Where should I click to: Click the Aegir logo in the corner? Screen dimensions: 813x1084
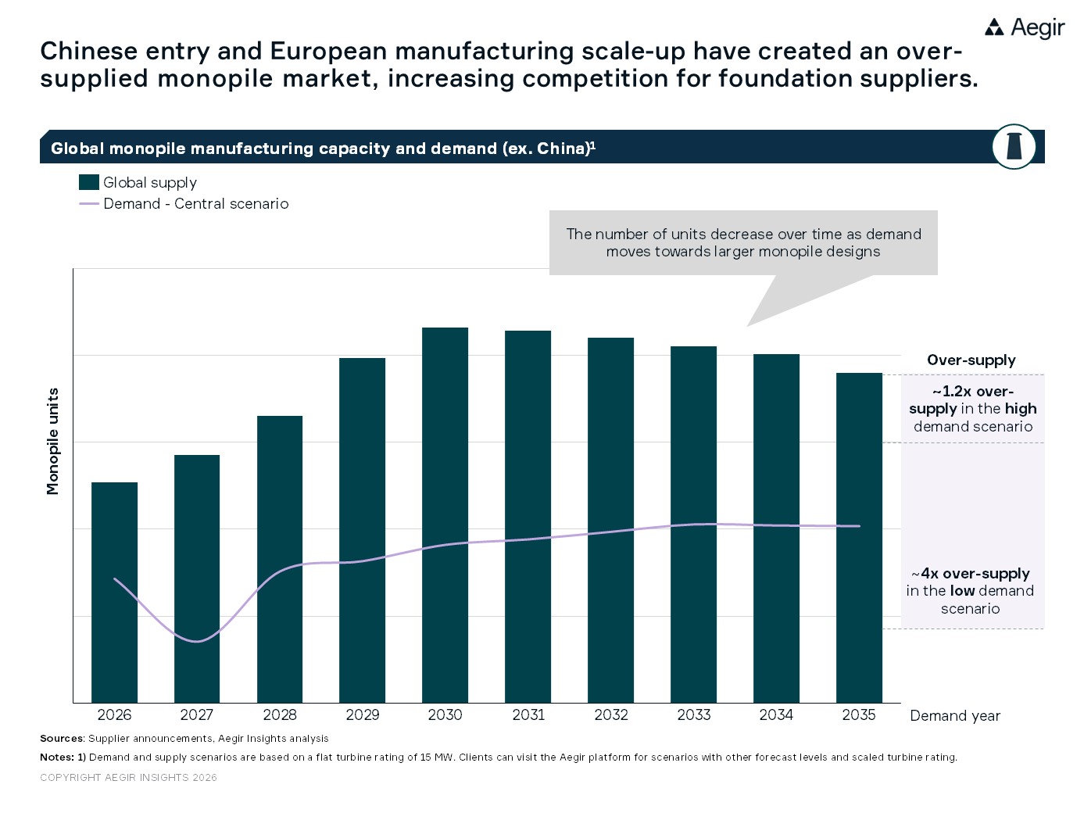1024,28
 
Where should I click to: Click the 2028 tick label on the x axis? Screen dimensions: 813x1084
280,715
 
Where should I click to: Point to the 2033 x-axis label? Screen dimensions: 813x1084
693,715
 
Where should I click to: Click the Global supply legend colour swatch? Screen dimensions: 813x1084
89,182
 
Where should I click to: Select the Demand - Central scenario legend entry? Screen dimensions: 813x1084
195,204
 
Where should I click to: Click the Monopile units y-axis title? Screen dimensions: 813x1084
53,442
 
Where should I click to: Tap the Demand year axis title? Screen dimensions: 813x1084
954,716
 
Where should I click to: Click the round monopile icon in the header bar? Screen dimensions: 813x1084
1014,146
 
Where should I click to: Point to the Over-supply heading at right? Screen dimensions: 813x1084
971,360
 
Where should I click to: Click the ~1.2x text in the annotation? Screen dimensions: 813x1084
952,392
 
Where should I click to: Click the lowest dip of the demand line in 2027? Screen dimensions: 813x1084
197,641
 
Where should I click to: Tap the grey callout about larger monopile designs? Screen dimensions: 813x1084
743,242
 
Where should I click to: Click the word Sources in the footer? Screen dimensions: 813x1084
62,739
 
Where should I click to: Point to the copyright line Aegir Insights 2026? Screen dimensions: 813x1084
128,778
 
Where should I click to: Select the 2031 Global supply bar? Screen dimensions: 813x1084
528,516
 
